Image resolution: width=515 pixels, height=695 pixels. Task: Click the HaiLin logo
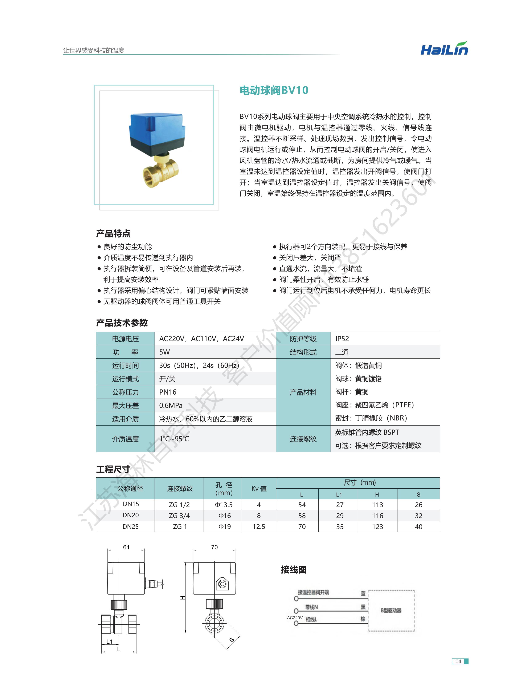click(x=444, y=49)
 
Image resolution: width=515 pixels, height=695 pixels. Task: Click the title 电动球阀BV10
click(x=274, y=90)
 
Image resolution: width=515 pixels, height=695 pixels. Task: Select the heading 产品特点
click(x=113, y=233)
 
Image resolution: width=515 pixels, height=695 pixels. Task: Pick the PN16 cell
click(x=168, y=392)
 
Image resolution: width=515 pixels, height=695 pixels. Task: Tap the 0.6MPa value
click(x=171, y=406)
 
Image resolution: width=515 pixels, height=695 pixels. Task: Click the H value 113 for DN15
click(x=377, y=505)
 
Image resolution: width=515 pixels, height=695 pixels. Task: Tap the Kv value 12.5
click(x=259, y=527)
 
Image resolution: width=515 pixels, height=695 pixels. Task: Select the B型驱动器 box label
click(x=391, y=610)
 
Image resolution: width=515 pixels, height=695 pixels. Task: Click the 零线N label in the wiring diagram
click(x=311, y=607)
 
